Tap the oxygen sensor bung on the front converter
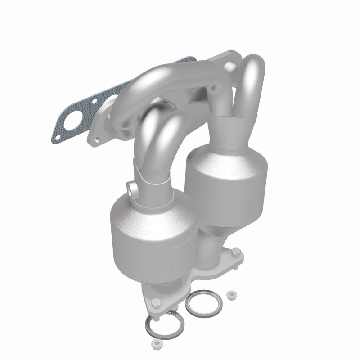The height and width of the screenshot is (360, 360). pyautogui.click(x=133, y=189)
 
